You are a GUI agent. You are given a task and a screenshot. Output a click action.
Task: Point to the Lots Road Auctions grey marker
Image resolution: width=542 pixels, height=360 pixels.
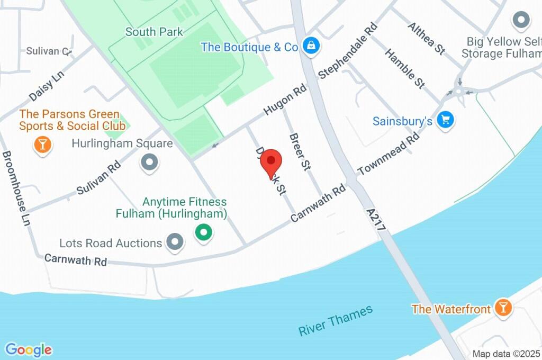point(174,242)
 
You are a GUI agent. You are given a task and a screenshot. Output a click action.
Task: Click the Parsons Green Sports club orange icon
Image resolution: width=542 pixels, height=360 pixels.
point(42,144)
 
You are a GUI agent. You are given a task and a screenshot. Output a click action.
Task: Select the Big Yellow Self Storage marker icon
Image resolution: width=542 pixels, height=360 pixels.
point(521,21)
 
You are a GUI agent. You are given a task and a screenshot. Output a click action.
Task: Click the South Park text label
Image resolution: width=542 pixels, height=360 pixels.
point(154,32)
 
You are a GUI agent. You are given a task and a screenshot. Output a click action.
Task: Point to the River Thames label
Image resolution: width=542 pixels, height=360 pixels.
point(336,321)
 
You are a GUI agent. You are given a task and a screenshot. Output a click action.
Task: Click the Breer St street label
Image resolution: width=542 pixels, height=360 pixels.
point(299,152)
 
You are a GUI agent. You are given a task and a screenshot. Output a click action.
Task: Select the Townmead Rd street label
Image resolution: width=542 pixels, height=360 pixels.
point(389,154)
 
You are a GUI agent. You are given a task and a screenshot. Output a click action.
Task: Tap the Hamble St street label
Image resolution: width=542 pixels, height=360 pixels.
point(405,68)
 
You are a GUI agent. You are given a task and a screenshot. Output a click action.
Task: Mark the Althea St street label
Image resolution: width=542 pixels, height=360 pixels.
point(426,38)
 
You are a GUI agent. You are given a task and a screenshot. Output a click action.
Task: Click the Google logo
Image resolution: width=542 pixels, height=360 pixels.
point(29,349)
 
